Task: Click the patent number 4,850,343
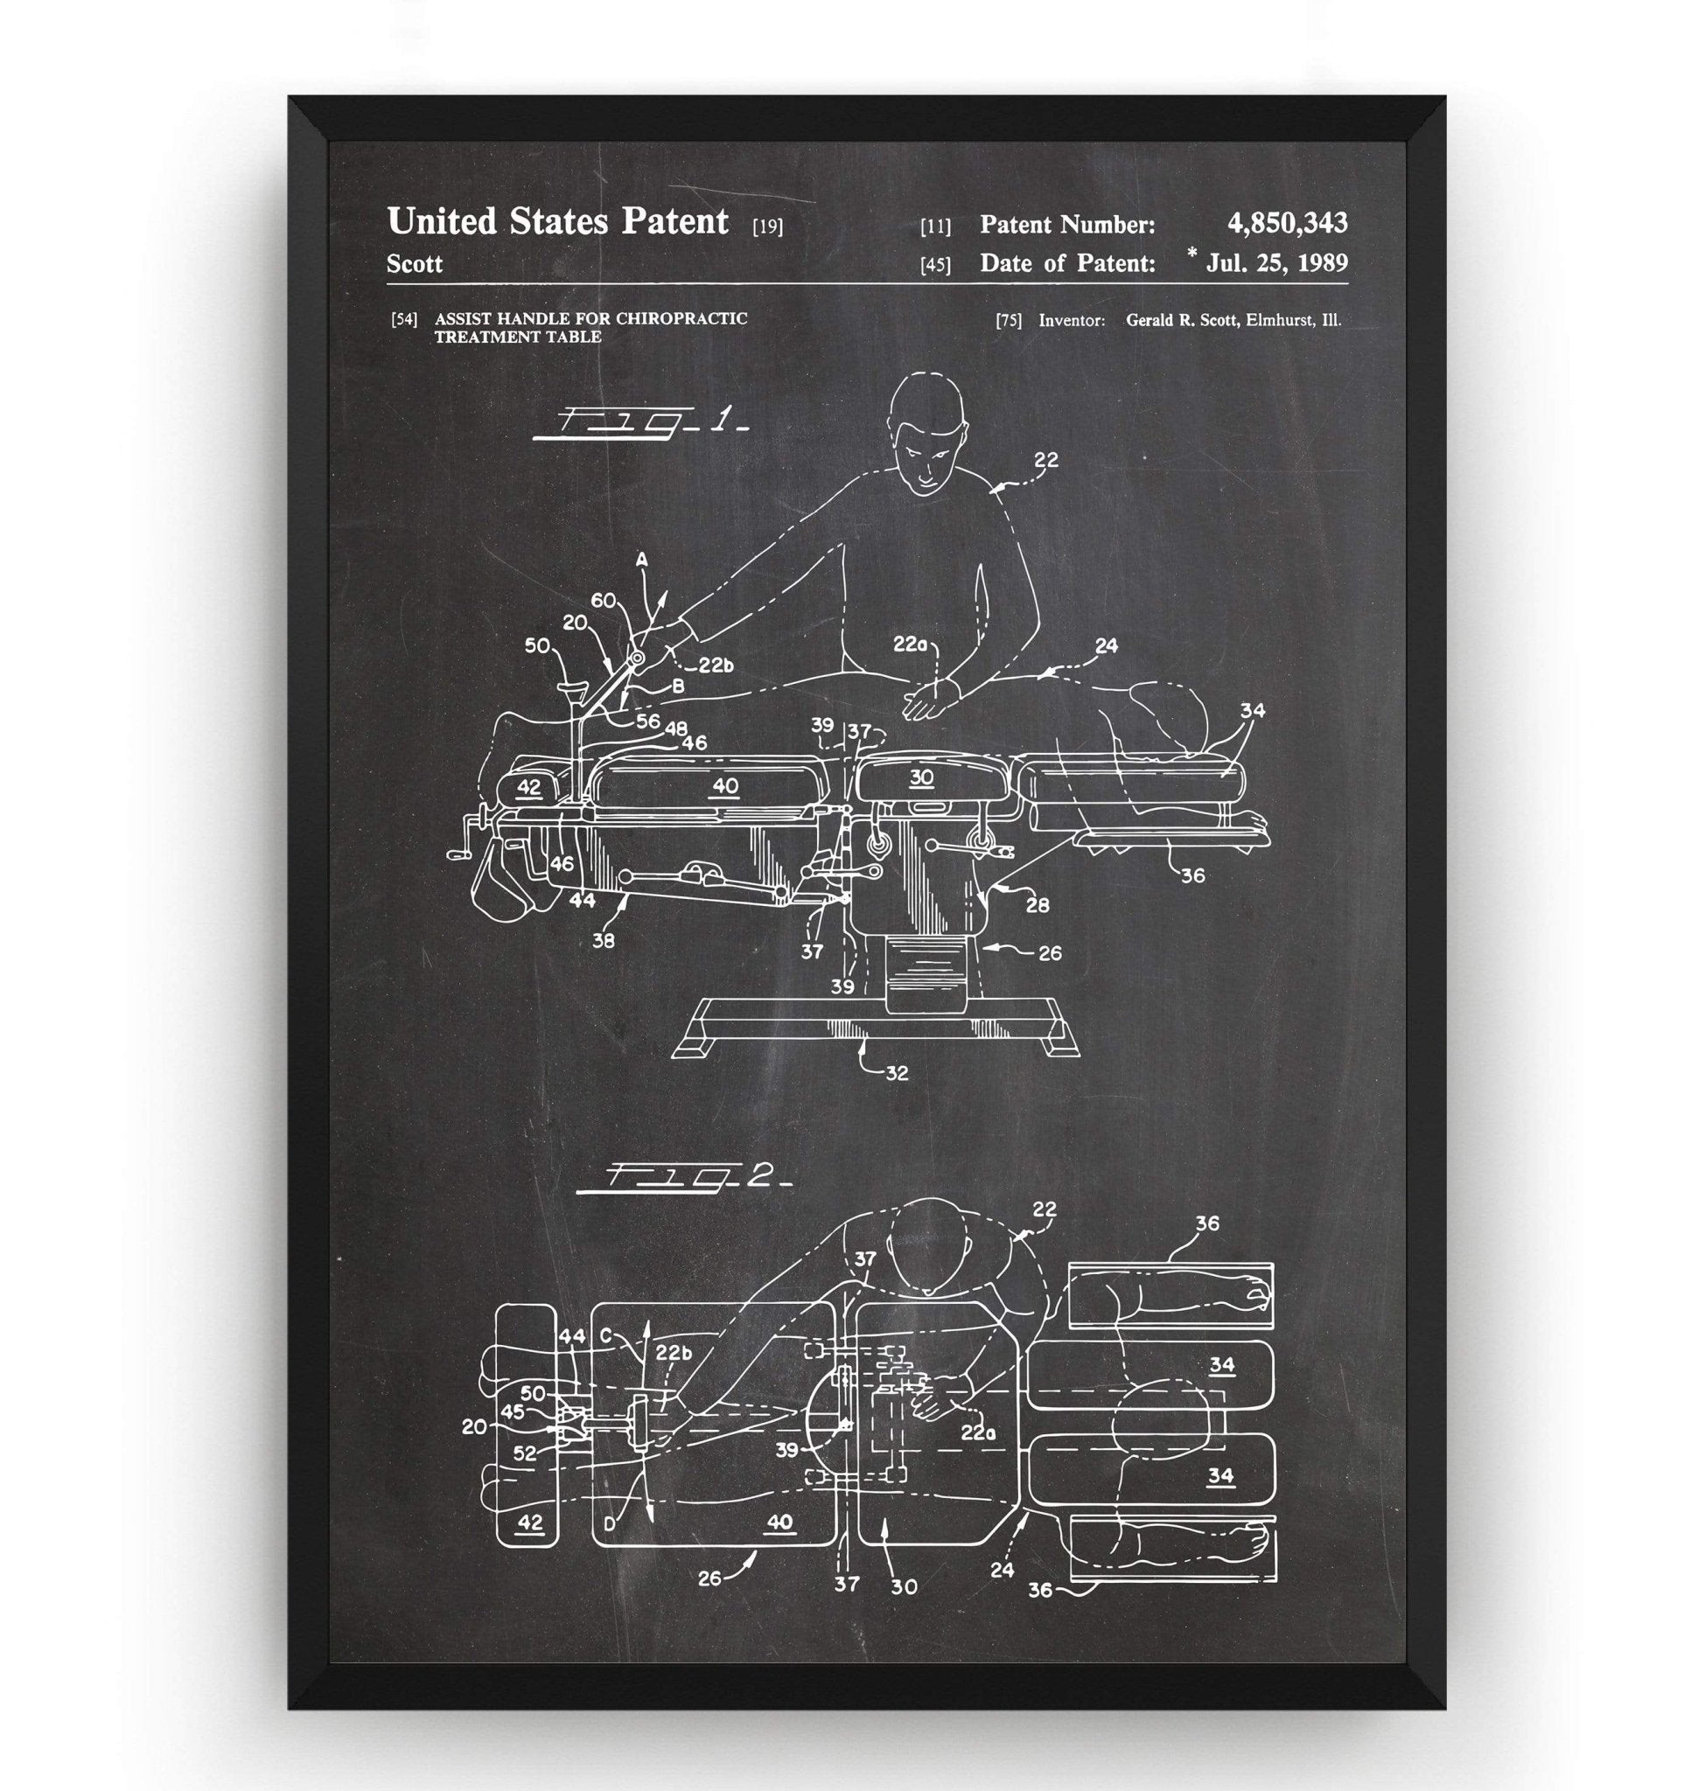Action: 1286,223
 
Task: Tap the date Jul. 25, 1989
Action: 1275,263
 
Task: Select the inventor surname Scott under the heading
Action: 415,264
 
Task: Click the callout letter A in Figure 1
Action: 642,561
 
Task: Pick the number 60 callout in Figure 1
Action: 604,600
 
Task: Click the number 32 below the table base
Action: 896,1073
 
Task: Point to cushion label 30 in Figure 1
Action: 921,778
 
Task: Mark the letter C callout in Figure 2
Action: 605,1335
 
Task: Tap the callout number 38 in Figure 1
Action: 603,940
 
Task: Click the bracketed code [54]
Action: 403,319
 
